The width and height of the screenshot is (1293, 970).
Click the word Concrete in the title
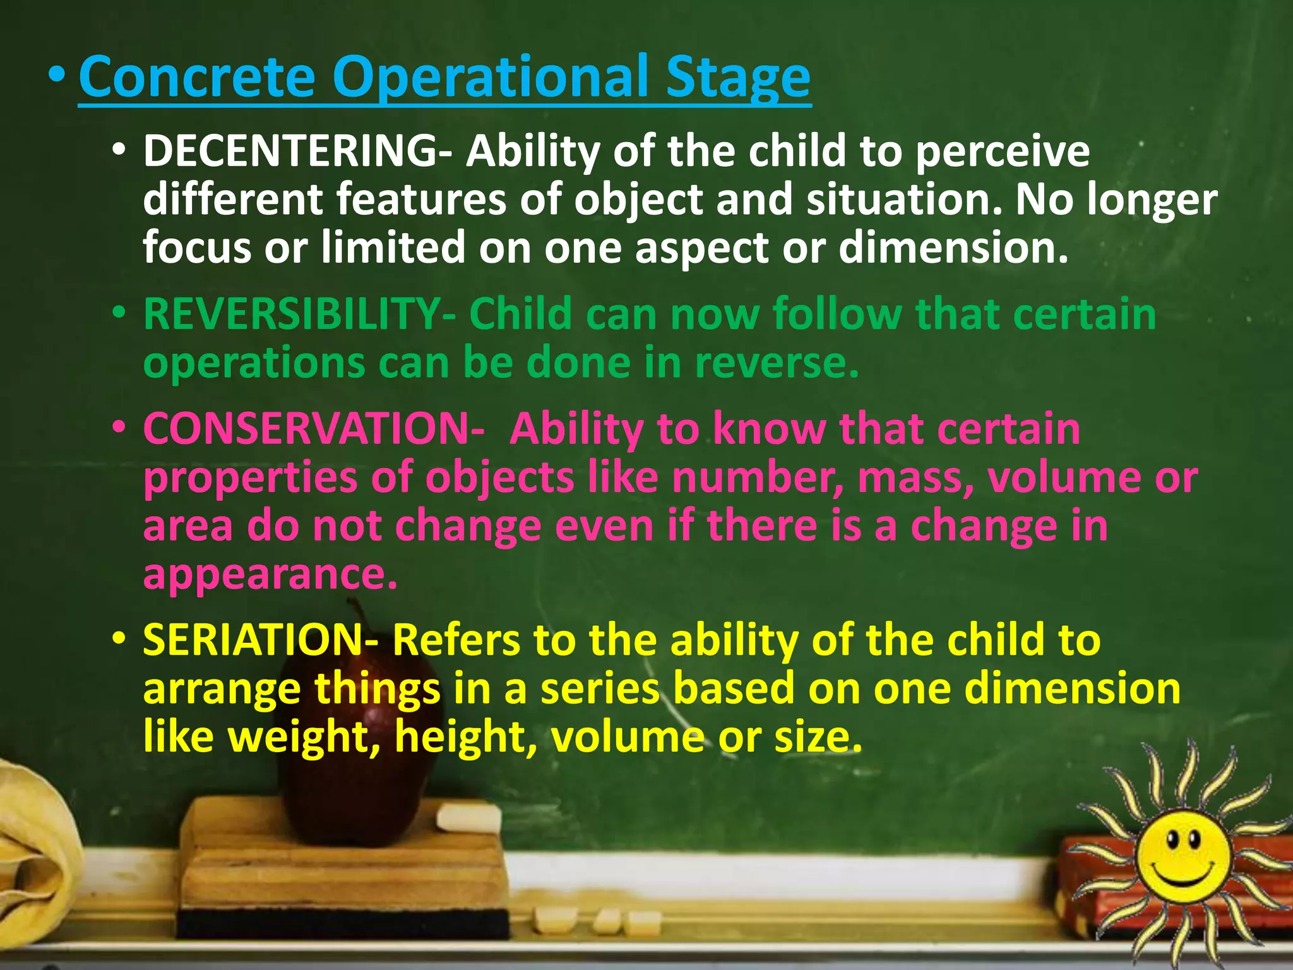pyautogui.click(x=196, y=77)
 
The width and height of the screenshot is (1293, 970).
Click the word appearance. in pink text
pyautogui.click(x=270, y=573)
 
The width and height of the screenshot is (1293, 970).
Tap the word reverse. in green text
pyautogui.click(x=777, y=363)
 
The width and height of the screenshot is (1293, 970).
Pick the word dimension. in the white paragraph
pyautogui.click(x=953, y=247)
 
